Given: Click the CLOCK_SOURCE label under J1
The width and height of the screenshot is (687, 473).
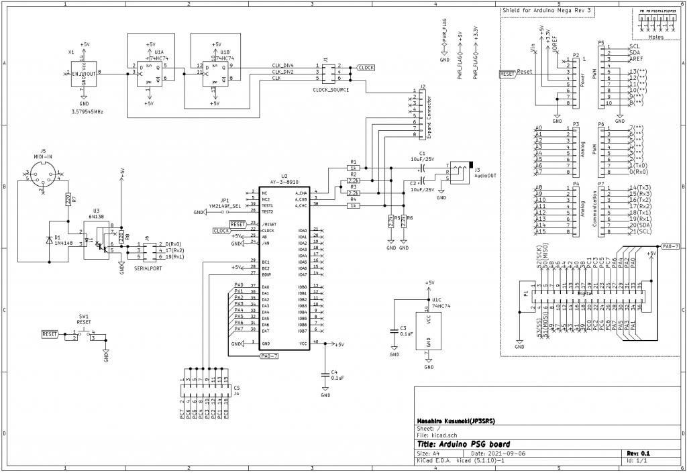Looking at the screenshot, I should (331, 89).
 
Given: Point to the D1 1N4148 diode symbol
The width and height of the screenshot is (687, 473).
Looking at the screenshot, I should (49, 239).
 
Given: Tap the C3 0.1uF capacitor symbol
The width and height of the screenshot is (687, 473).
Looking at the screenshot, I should (394, 330).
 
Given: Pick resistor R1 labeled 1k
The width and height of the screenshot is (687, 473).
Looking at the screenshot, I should (353, 168).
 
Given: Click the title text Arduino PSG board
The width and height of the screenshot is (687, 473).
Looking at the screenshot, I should (463, 444).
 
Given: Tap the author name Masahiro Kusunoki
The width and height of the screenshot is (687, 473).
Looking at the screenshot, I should (456, 421).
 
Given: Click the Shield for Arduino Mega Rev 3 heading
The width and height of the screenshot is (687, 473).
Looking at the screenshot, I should (547, 11).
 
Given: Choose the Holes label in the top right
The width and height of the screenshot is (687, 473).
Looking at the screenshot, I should (658, 37).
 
